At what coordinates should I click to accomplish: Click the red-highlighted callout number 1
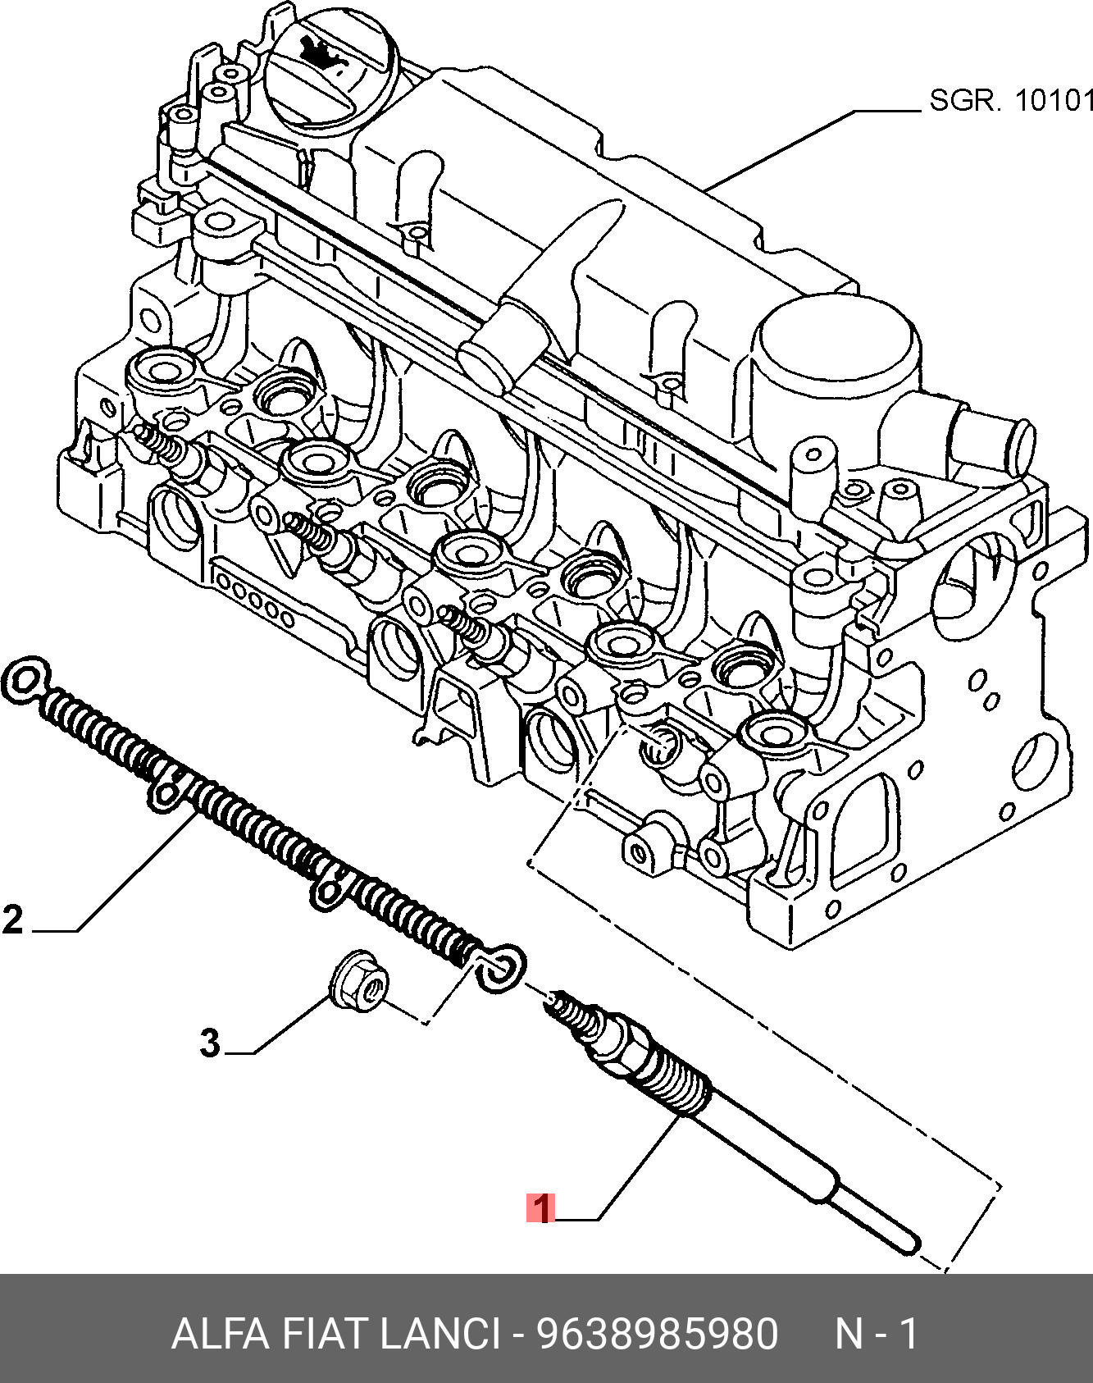tap(540, 1207)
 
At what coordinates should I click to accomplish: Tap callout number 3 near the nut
tap(210, 1043)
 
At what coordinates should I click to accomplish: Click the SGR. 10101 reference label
tap(1011, 101)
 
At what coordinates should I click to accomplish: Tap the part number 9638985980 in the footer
tap(657, 1334)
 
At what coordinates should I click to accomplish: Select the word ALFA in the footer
tap(220, 1334)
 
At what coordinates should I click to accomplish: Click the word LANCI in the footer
tap(439, 1334)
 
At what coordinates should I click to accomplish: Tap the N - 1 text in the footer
tap(876, 1334)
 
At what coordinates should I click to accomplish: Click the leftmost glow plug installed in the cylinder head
tap(176, 452)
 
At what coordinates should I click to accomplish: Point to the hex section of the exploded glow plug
tap(627, 1043)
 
